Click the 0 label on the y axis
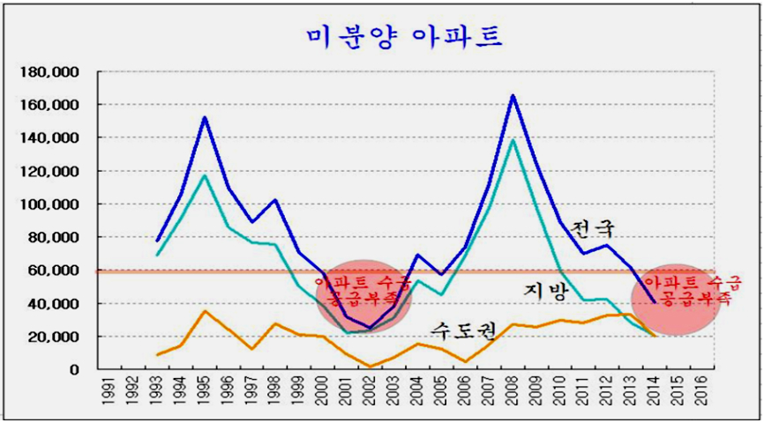click(77, 370)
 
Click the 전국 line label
click(590, 228)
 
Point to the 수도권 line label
click(462, 329)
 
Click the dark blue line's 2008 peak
click(513, 95)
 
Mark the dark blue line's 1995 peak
click(204, 117)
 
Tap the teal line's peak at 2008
click(513, 139)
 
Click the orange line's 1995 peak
click(204, 311)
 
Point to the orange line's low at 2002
click(370, 367)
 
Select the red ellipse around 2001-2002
click(363, 297)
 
